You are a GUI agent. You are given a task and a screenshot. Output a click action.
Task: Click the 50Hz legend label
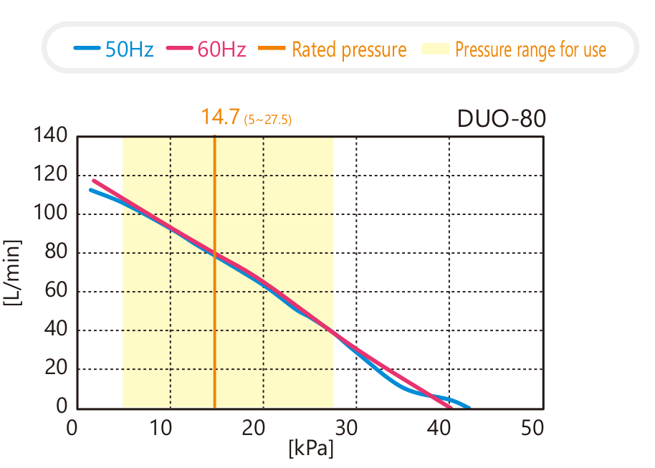coord(129,49)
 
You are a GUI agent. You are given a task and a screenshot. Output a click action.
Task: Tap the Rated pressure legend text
coord(349,49)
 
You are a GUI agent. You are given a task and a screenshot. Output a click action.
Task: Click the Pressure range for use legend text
coord(530,49)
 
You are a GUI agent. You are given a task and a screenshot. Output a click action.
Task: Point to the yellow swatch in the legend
coord(435,49)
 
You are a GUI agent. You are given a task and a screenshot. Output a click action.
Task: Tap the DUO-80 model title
coord(502,118)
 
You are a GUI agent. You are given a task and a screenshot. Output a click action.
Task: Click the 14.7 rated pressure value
coord(220,117)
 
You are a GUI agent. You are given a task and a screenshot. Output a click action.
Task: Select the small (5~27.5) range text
coord(268,120)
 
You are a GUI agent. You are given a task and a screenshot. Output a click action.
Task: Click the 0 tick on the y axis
coord(62,408)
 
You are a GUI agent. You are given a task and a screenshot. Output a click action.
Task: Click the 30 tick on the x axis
coord(347,428)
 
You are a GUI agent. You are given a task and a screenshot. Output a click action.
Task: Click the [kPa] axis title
coord(311,449)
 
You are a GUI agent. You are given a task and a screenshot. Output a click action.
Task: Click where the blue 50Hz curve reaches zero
coord(469,408)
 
